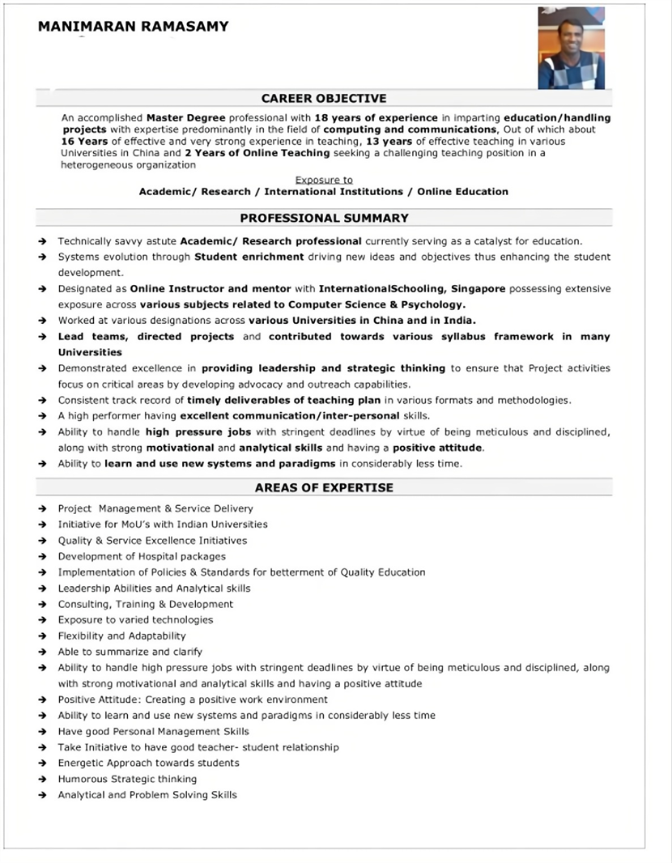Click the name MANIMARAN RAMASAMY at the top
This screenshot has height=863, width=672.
pyautogui.click(x=133, y=26)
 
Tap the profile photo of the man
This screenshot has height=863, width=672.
pyautogui.click(x=571, y=49)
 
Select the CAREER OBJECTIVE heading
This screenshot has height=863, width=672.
pyautogui.click(x=324, y=98)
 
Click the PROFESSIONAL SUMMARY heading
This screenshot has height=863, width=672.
pyautogui.click(x=324, y=218)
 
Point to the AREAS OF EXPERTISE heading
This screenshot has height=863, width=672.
pyautogui.click(x=324, y=487)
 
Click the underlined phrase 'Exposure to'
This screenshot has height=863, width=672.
pyautogui.click(x=324, y=180)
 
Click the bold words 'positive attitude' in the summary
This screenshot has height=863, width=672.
pyautogui.click(x=437, y=448)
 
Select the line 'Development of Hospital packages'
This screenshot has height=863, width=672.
pyautogui.click(x=142, y=556)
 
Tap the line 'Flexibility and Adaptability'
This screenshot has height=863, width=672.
pyautogui.click(x=121, y=636)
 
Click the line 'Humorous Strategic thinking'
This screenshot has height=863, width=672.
pyautogui.click(x=127, y=779)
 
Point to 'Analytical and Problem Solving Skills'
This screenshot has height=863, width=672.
pyautogui.click(x=147, y=795)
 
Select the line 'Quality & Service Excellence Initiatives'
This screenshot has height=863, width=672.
pyautogui.click(x=152, y=540)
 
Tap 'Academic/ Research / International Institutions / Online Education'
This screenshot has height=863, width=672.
pyautogui.click(x=324, y=192)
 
